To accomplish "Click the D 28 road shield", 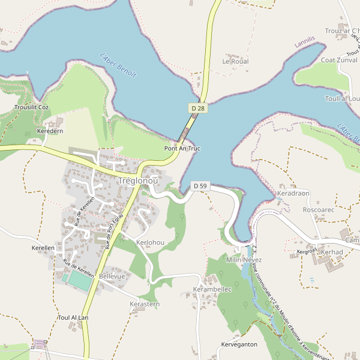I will point(197,107).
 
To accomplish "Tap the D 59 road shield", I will point(200,186).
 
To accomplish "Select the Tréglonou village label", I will point(139,181).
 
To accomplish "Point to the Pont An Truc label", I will point(182,148).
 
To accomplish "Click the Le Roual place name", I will point(235,61).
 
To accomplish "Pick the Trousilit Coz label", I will point(31,107).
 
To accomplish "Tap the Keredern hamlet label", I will point(50,131).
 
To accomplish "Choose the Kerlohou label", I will point(150,242).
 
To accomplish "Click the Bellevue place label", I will point(112,276).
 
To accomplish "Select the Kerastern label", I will point(145,304).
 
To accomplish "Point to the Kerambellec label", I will point(212,289).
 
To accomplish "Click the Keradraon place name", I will point(293,194).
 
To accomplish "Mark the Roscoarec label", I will point(319,210).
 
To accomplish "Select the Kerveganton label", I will point(239,344).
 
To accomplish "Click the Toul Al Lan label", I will point(73,317).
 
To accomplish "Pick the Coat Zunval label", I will point(340,60).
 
